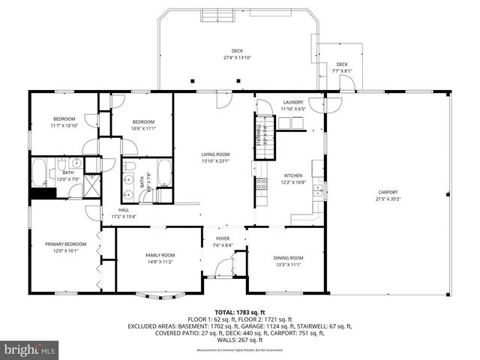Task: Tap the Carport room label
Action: coord(388,193)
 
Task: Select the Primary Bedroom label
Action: coord(65,244)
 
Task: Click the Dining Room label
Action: coord(288,258)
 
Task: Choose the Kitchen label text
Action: coord(292,175)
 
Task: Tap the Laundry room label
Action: coord(292,103)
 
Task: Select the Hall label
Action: coord(124,210)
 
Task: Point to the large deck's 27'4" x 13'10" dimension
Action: coord(238,58)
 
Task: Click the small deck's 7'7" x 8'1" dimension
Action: coord(341,71)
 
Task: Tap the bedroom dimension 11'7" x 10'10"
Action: coord(65,125)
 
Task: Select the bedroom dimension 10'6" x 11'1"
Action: coord(143,128)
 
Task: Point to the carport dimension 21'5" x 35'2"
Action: coord(388,199)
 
